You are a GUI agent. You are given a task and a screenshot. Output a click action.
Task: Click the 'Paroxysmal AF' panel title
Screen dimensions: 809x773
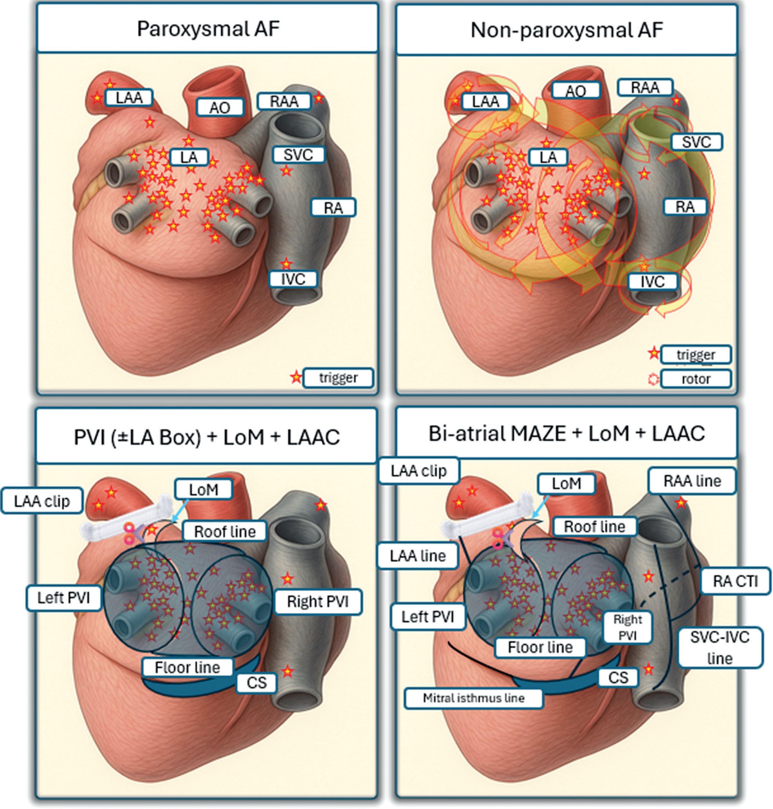tap(208, 29)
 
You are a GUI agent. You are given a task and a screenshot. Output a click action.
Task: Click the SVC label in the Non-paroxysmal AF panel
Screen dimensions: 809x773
tap(696, 142)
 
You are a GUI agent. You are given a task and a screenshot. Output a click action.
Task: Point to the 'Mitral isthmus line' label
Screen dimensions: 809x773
tap(473, 698)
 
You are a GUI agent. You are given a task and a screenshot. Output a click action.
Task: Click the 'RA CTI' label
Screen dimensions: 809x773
tap(735, 581)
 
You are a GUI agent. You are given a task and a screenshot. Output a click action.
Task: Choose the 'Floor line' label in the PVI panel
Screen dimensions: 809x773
tap(187, 667)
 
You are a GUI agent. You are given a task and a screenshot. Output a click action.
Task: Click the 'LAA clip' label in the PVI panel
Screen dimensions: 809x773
tap(42, 501)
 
